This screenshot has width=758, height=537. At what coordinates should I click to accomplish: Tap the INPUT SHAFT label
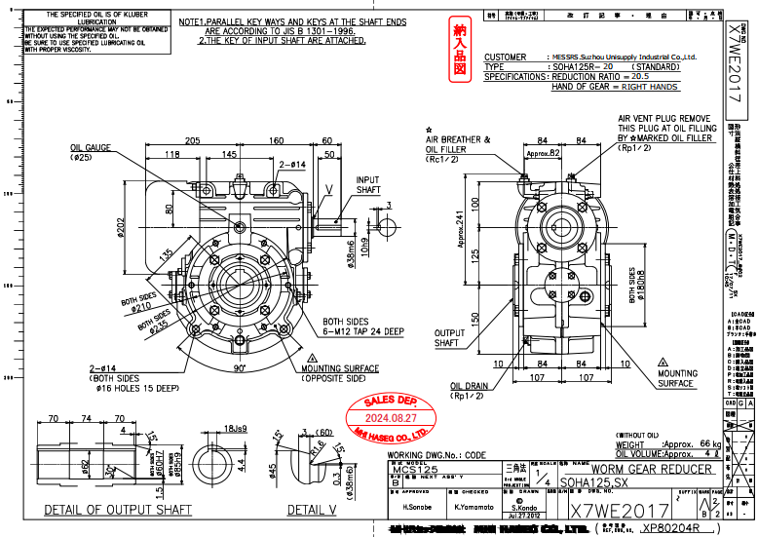368,185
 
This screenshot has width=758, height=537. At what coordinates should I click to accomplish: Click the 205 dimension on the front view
192,139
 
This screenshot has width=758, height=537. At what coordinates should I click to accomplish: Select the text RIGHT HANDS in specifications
651,87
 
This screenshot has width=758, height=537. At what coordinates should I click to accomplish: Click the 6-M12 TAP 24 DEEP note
363,331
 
